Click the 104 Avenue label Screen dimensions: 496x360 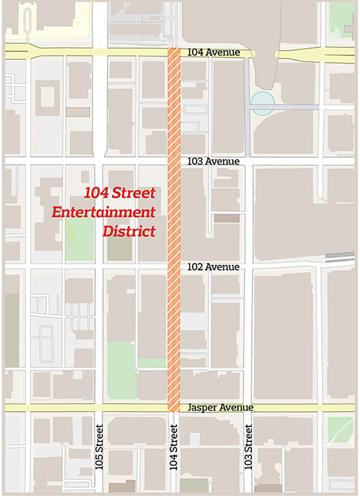214,53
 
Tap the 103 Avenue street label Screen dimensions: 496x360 214,161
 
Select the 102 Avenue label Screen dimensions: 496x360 214,267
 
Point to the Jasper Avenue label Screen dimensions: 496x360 220,408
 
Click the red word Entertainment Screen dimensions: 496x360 104,212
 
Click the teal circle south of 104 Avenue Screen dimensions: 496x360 262,103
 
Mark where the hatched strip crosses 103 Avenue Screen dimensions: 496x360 174,161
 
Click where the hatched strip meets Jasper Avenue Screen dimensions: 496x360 174,408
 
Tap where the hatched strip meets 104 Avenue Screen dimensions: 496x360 174,54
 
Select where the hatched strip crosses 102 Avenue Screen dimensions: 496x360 174,267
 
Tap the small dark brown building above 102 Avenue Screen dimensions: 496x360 227,218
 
